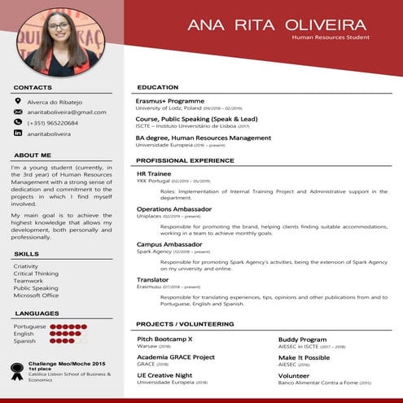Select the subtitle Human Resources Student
coord(331,37)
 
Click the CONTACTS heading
coord(33,87)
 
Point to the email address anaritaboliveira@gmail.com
coord(67,112)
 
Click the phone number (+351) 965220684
coord(53,123)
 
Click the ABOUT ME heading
coord(33,155)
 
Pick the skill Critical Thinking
coord(37,274)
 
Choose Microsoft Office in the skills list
coord(37,296)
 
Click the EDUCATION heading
coord(158,87)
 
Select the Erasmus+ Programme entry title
coord(170,100)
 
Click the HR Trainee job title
coord(153,173)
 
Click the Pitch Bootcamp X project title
coord(164,338)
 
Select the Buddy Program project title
coord(302,338)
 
